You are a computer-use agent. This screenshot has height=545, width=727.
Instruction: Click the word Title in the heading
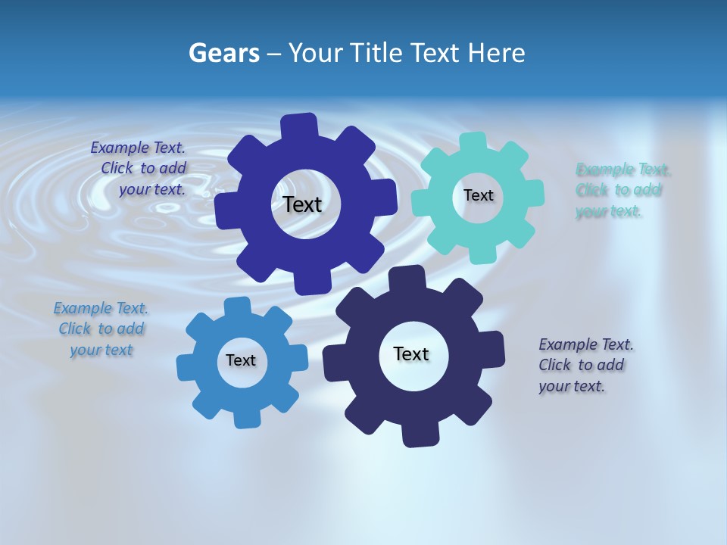pos(375,53)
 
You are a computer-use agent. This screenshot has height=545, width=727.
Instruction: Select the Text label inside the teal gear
pos(478,195)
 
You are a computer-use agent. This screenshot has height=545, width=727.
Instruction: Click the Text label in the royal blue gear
pos(302,204)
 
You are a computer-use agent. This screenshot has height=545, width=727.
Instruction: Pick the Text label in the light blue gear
pos(241,360)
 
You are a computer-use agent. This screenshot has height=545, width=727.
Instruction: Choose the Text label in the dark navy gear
pos(411,353)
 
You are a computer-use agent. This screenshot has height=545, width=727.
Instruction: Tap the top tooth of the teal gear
pos(473,143)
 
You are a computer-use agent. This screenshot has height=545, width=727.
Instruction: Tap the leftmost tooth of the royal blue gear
pos(226,212)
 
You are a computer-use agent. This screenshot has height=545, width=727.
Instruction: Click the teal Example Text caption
pos(622,190)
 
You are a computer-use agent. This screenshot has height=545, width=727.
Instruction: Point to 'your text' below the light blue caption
pos(101,350)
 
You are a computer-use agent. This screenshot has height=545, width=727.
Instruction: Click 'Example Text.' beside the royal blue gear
pos(138,148)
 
